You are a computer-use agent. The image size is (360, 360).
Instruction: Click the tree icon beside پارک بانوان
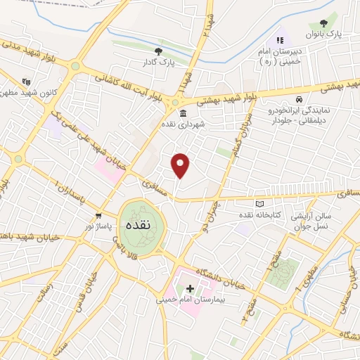(323, 24)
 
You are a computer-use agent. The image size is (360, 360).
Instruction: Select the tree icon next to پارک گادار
(158, 51)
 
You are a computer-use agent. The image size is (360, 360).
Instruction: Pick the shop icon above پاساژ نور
(99, 216)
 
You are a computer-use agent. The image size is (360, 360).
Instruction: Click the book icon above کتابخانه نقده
(262, 202)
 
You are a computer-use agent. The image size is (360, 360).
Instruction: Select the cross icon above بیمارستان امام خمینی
(190, 288)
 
